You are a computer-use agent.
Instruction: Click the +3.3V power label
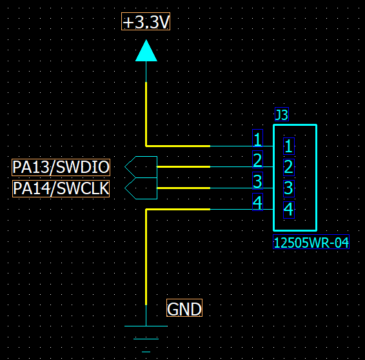[146, 21]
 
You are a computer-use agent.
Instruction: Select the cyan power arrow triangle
[146, 51]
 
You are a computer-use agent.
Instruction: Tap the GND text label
[184, 308]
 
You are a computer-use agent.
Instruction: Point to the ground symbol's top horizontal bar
[146, 326]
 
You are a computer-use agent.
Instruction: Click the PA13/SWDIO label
[61, 167]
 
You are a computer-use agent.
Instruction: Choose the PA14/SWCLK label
[61, 188]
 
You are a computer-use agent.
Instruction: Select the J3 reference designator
[282, 114]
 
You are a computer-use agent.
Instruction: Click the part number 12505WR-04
[311, 242]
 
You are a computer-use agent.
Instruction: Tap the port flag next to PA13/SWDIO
[141, 167]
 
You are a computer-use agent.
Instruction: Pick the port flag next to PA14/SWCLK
[141, 188]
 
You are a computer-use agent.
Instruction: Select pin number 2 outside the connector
[257, 159]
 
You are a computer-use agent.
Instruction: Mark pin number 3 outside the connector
[257, 181]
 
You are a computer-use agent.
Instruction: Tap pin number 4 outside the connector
[257, 202]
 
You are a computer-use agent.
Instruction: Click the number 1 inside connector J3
[289, 146]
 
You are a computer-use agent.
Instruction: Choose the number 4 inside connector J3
[289, 210]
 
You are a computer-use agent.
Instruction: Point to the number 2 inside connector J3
[289, 168]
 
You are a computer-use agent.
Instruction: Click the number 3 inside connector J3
[289, 188]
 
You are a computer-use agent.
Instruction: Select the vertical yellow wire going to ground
[146, 257]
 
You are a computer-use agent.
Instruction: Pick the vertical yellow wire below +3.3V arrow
[146, 114]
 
